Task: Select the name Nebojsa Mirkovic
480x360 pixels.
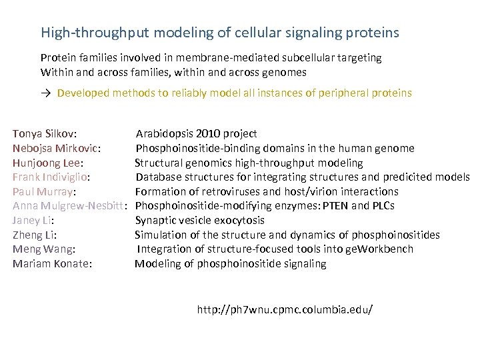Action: pyautogui.click(x=55, y=149)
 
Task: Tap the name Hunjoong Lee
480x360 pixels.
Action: pyautogui.click(x=51, y=163)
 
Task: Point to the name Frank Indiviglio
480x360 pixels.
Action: pyautogui.click(x=51, y=177)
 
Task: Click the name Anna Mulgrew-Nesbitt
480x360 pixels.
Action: pyautogui.click(x=69, y=206)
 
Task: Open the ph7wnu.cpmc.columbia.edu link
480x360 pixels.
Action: pyautogui.click(x=285, y=310)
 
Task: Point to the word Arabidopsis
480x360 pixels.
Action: pyautogui.click(x=164, y=134)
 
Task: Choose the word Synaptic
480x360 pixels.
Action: pyautogui.click(x=154, y=221)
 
